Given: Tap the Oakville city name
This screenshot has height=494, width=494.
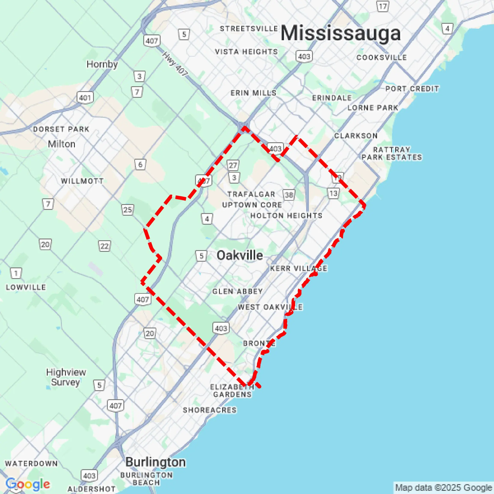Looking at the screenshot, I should pyautogui.click(x=240, y=255).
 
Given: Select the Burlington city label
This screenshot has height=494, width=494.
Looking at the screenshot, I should pyautogui.click(x=155, y=462).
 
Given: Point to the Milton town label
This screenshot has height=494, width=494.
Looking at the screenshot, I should pyautogui.click(x=62, y=144).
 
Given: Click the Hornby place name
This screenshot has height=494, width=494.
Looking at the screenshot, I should pyautogui.click(x=102, y=64).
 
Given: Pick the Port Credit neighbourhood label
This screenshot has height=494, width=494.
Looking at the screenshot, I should pyautogui.click(x=412, y=89).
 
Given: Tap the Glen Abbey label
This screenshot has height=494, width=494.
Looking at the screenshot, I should pyautogui.click(x=237, y=291).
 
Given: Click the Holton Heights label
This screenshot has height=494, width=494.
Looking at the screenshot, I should pyautogui.click(x=286, y=215).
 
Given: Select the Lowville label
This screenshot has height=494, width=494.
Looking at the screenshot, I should pyautogui.click(x=26, y=287).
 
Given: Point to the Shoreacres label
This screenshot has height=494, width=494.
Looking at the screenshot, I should pyautogui.click(x=209, y=410).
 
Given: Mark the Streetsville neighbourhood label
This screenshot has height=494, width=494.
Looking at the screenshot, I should pyautogui.click(x=249, y=28).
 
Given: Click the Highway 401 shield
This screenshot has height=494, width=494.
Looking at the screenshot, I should pyautogui.click(x=85, y=98).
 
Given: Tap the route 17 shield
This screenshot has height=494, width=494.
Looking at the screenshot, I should pyautogui.click(x=383, y=6).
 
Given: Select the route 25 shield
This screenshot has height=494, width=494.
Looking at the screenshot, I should pyautogui.click(x=127, y=210).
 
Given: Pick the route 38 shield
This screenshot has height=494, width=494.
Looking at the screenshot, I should pyautogui.click(x=289, y=195).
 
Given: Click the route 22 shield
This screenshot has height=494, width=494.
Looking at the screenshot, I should pyautogui.click(x=104, y=246).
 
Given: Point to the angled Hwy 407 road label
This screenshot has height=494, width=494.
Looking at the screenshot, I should pyautogui.click(x=175, y=64).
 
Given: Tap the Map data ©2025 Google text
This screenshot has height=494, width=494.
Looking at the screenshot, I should pyautogui.click(x=444, y=488).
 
